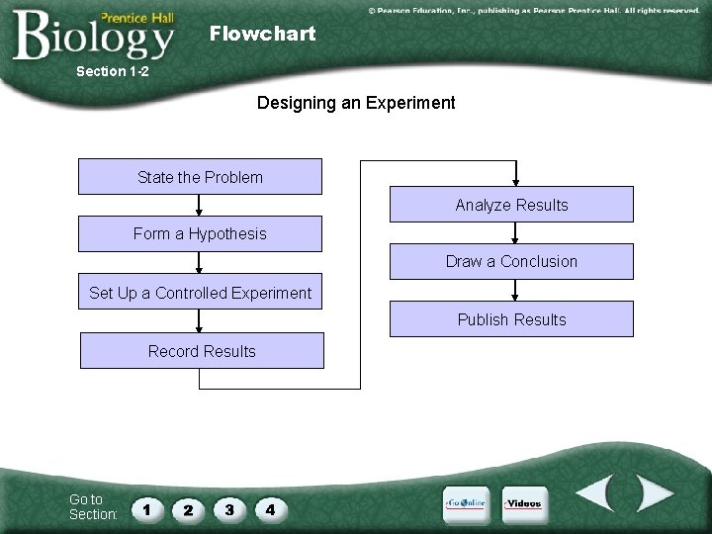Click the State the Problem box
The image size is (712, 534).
[200, 177]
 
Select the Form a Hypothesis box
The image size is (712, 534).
[200, 234]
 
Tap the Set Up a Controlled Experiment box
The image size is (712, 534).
[200, 292]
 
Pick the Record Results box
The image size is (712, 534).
[202, 351]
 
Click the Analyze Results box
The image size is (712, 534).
[511, 205]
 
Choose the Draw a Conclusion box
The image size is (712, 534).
[511, 262]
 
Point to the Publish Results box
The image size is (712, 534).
[511, 319]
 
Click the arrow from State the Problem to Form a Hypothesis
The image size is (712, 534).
[200, 206]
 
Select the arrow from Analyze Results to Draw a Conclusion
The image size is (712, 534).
[514, 233]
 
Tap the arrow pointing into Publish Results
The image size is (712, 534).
[514, 291]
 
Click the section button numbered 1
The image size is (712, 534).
[146, 510]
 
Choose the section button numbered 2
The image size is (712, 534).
[188, 510]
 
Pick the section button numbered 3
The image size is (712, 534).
[229, 510]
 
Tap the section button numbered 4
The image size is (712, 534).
[270, 510]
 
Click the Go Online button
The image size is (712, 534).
[466, 504]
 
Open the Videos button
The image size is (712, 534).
[523, 504]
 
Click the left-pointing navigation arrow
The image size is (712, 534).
[597, 493]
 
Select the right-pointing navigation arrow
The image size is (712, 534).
[653, 493]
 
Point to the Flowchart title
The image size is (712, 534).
[262, 34]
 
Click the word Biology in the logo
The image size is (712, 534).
[94, 38]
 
